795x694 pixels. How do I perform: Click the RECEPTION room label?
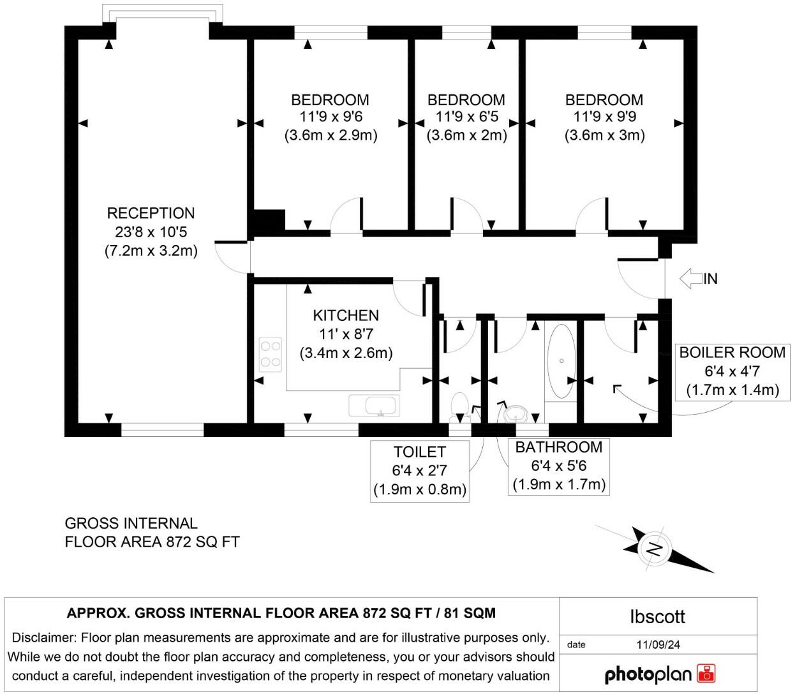(151, 214)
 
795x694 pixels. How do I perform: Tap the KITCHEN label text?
(346, 316)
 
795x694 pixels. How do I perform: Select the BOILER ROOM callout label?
(732, 353)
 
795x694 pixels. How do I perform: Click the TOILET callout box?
(420, 471)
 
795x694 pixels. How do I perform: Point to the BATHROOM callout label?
(559, 447)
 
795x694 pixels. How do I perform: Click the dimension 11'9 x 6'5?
(466, 117)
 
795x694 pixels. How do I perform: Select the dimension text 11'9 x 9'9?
(604, 117)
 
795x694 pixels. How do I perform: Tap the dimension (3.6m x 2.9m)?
(331, 135)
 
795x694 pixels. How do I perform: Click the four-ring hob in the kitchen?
(271, 355)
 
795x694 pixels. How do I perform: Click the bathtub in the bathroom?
(561, 362)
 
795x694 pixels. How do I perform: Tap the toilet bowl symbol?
(459, 406)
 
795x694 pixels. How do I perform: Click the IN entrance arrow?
(691, 279)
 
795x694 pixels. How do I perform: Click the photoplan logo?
(659, 674)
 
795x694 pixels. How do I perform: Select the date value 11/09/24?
(658, 645)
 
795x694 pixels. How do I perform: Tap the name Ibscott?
(657, 617)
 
